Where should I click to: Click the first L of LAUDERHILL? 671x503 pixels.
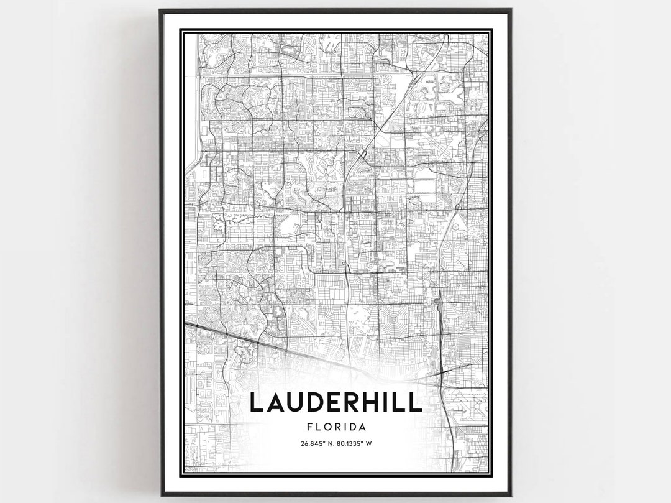click(x=256, y=402)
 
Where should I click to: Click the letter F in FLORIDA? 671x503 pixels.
click(x=309, y=427)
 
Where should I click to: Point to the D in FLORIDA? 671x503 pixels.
click(x=352, y=427)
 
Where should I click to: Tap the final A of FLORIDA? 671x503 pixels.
click(x=361, y=427)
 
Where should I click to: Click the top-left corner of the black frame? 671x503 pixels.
click(x=160, y=11)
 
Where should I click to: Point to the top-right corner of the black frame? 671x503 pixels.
click(x=511, y=11)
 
